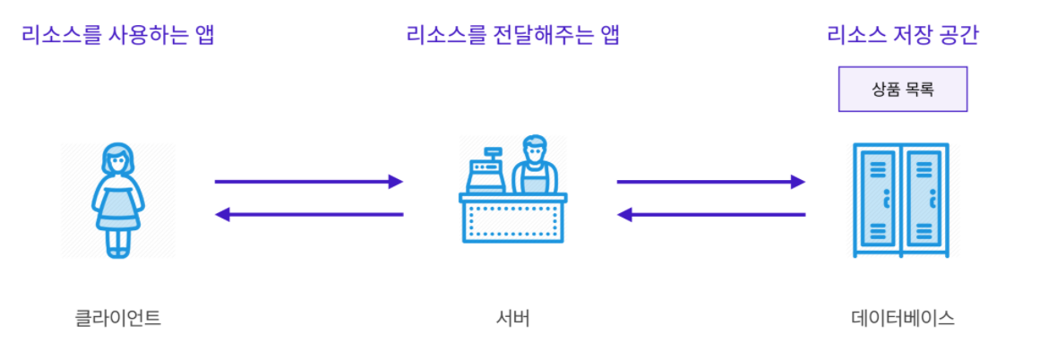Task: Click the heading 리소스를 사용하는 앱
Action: (x=117, y=36)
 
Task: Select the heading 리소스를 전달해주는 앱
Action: (x=513, y=36)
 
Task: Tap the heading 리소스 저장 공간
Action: (x=902, y=36)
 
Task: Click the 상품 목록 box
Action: (x=902, y=89)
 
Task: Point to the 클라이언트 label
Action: (x=118, y=318)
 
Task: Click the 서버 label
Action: (x=513, y=318)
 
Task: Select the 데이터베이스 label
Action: (x=902, y=318)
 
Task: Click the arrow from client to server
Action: (x=309, y=182)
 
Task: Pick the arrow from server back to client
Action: (x=309, y=214)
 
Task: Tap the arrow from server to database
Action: (x=711, y=182)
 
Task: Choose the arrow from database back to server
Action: (x=711, y=214)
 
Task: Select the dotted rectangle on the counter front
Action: (x=513, y=220)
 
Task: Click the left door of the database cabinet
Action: (x=878, y=201)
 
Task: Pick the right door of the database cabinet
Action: (x=924, y=201)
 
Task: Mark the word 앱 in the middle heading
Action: (x=610, y=36)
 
